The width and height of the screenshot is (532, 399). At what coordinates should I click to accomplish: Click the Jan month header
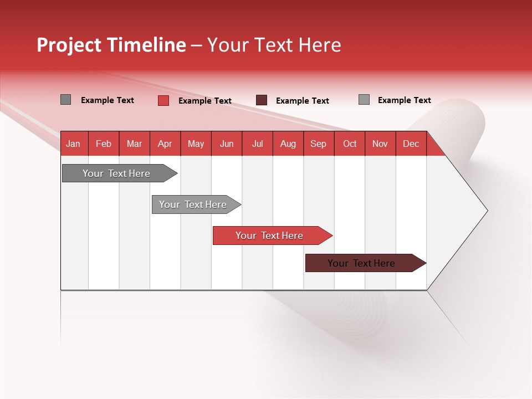click(73, 144)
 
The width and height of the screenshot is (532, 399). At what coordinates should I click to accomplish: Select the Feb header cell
click(104, 144)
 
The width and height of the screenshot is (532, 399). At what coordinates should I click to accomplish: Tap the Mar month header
click(134, 144)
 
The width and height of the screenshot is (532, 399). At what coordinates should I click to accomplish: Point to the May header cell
click(196, 144)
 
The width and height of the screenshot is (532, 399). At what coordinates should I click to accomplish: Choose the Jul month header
click(257, 144)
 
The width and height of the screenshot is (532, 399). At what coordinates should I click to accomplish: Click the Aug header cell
click(288, 144)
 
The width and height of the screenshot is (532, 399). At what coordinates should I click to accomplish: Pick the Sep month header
click(319, 144)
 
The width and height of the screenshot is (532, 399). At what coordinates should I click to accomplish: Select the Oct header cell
click(350, 144)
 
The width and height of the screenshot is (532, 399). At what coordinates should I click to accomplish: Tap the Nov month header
click(380, 144)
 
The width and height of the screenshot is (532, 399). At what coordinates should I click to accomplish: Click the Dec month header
click(411, 144)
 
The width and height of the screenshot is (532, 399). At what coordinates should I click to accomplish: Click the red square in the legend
click(163, 100)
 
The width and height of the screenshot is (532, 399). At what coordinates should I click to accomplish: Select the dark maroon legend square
click(262, 100)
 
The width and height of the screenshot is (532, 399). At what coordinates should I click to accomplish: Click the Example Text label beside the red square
click(205, 101)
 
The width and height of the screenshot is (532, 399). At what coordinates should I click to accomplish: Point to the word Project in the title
click(70, 45)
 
